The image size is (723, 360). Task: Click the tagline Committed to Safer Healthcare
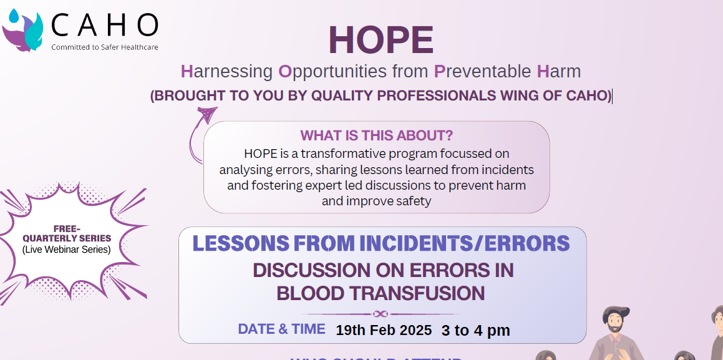coord(104,47)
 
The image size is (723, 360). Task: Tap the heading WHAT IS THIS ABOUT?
coord(376,135)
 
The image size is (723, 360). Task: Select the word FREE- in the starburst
coord(66,228)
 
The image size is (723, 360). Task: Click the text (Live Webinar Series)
coord(66,250)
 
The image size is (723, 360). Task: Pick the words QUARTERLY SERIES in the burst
coord(66,238)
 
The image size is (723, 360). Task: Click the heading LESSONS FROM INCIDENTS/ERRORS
coord(381,243)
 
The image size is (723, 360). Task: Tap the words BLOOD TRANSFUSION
coord(381,293)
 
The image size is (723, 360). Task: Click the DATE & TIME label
coord(281,329)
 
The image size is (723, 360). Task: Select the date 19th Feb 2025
coord(384,330)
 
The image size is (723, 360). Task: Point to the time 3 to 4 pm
coord(475,330)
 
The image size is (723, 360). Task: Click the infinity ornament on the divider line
coord(381,314)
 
